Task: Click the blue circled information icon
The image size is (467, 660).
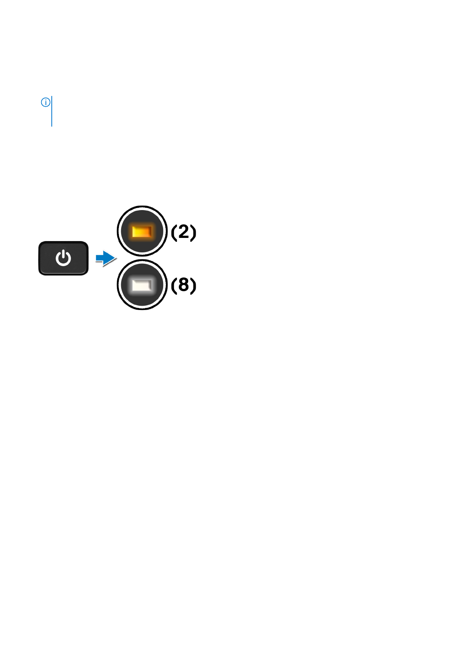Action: coord(45,102)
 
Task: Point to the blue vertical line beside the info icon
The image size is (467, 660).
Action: coord(52,111)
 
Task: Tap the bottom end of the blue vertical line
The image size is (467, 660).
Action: coord(52,125)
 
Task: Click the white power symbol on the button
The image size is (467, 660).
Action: coord(63,259)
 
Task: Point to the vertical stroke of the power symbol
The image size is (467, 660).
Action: coord(63,256)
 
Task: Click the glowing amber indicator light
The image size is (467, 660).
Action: coord(142,232)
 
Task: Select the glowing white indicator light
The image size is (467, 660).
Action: coord(142,285)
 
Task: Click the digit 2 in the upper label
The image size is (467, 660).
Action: coord(184,232)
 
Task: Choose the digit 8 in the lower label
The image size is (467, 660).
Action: coord(184,285)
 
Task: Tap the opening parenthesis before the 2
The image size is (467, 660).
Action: coord(174,232)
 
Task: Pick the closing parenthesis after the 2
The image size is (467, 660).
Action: coord(193,232)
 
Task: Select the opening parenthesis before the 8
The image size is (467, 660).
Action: coord(174,285)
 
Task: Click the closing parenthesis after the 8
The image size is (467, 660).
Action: coord(193,285)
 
